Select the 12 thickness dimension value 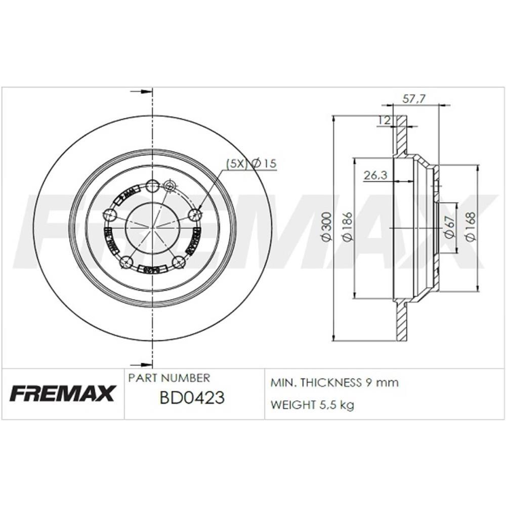click(x=384, y=120)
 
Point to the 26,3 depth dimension click(x=375, y=175)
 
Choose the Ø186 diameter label click(x=347, y=227)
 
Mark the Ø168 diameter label click(x=470, y=227)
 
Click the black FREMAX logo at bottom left click(x=63, y=393)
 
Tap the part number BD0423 click(x=192, y=398)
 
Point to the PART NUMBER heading click(x=169, y=378)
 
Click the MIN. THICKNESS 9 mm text click(x=334, y=383)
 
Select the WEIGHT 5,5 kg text click(x=312, y=405)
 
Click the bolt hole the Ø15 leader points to click(x=195, y=215)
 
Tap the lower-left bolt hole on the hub click(x=126, y=262)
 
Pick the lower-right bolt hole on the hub click(x=178, y=262)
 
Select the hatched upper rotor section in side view click(x=401, y=136)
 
